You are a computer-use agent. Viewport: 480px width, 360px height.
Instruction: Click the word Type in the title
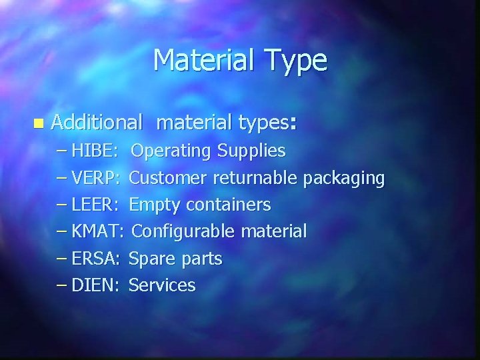297,61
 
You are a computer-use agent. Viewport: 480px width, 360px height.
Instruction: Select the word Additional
97,123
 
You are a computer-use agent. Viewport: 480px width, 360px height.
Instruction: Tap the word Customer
167,178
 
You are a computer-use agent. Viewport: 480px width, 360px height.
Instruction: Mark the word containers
229,205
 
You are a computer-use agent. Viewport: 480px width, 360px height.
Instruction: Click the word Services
162,285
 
